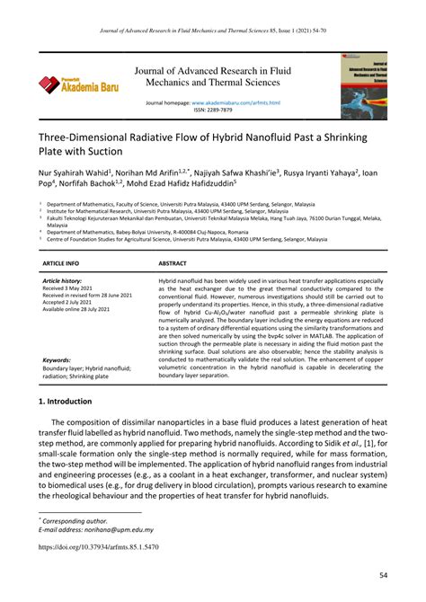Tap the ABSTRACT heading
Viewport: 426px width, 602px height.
pyautogui.click(x=173, y=263)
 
